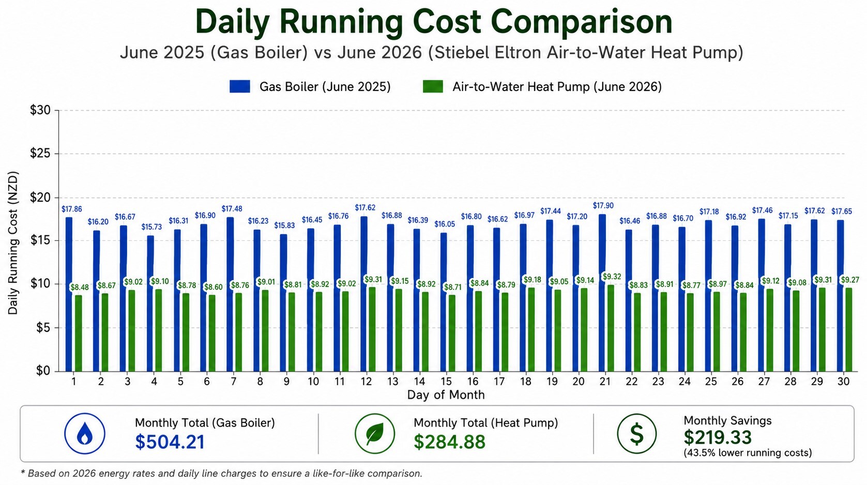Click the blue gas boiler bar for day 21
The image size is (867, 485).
coord(602,293)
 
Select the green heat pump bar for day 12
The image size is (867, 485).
coord(372,329)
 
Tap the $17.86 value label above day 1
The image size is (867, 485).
coord(72,209)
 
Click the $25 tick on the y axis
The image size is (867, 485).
coord(40,154)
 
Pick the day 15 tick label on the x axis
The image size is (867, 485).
coord(446,382)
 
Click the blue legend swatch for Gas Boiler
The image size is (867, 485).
coord(239,86)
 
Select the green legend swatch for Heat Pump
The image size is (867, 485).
coord(433,86)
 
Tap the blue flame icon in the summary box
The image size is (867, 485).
coord(85,433)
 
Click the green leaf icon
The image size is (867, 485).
coord(375,433)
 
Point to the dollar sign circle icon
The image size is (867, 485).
coord(637,433)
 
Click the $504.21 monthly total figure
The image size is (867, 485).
coord(170,442)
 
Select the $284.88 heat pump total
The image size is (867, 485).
coord(449,442)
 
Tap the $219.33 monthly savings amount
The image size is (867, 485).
coord(718,437)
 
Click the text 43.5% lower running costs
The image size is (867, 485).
coord(748,452)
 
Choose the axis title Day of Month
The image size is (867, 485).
coord(446,395)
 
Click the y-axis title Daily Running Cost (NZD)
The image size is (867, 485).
coord(13,242)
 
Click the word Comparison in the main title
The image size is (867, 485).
coord(581,22)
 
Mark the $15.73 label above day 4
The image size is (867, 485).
coord(151,227)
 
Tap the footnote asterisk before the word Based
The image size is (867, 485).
coord(23,472)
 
